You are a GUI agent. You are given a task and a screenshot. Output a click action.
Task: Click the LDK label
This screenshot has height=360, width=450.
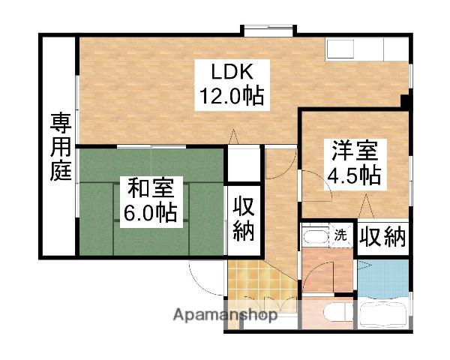(232, 73)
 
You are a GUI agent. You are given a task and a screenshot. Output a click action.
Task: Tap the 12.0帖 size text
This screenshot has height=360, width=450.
(232, 97)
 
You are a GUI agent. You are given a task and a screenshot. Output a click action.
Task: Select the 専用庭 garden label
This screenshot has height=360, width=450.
(61, 147)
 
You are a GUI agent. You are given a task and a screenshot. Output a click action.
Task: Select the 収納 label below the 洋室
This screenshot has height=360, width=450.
(382, 237)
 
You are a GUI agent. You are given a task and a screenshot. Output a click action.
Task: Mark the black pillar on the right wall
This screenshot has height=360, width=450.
(404, 100)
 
